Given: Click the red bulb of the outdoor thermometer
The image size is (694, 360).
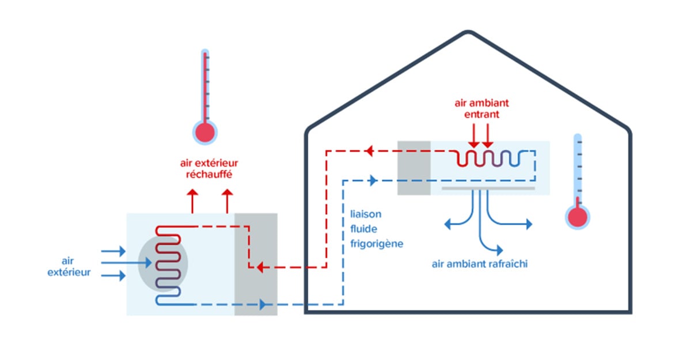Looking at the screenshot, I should [204, 132].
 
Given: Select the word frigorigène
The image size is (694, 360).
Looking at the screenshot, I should [377, 244].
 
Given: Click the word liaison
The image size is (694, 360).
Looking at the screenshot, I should [365, 214].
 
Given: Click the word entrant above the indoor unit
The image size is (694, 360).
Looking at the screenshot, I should [481, 115].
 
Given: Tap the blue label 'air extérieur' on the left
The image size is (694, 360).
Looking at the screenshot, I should [69, 267].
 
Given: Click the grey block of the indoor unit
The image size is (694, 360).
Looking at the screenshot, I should [414, 168].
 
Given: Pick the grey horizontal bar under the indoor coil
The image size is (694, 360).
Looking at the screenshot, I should [488, 188].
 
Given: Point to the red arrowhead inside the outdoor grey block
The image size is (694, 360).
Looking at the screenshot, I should [260, 267].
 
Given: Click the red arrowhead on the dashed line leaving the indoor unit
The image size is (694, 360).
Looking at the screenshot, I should [369, 151].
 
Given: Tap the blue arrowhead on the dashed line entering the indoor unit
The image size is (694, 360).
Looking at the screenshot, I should [374, 180].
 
